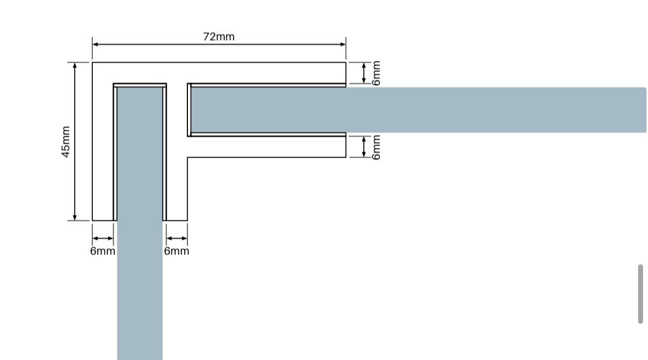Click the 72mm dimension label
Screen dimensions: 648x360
click(219, 37)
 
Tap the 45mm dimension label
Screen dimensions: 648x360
click(66, 142)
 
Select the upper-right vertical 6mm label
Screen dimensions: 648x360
click(375, 73)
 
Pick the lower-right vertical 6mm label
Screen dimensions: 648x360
click(375, 147)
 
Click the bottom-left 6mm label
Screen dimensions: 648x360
click(102, 251)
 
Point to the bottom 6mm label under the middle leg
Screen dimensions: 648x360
click(176, 251)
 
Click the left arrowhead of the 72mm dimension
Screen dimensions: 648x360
click(95, 44)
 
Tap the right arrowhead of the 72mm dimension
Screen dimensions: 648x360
click(343, 44)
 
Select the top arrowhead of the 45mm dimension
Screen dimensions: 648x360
click(74, 65)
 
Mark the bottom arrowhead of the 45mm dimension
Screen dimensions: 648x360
click(74, 218)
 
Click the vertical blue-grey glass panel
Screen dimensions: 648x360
click(140, 223)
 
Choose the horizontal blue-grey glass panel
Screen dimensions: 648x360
click(418, 110)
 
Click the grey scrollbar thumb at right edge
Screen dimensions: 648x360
click(640, 294)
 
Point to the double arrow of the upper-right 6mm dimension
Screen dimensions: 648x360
click(364, 73)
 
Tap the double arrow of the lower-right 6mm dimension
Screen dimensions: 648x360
click(364, 147)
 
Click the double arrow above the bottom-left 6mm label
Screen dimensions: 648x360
click(102, 238)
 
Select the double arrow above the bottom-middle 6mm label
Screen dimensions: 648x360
click(176, 238)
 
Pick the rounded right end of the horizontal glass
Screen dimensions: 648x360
click(645, 110)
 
